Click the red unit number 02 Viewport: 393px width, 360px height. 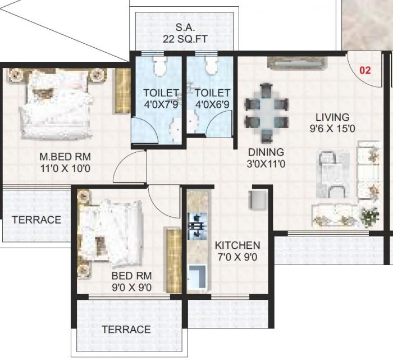click(x=365, y=71)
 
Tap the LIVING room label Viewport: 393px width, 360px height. click(x=332, y=117)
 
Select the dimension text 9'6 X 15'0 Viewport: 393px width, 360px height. click(x=332, y=129)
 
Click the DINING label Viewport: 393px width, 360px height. click(x=267, y=152)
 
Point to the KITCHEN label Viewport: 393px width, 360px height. click(x=237, y=245)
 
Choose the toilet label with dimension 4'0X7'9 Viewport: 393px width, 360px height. click(x=161, y=98)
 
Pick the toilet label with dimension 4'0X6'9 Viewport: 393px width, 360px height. click(x=213, y=98)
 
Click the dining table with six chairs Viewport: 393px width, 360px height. click(x=267, y=113)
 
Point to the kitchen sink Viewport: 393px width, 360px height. click(x=197, y=277)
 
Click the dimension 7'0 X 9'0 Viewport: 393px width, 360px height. click(x=237, y=258)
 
